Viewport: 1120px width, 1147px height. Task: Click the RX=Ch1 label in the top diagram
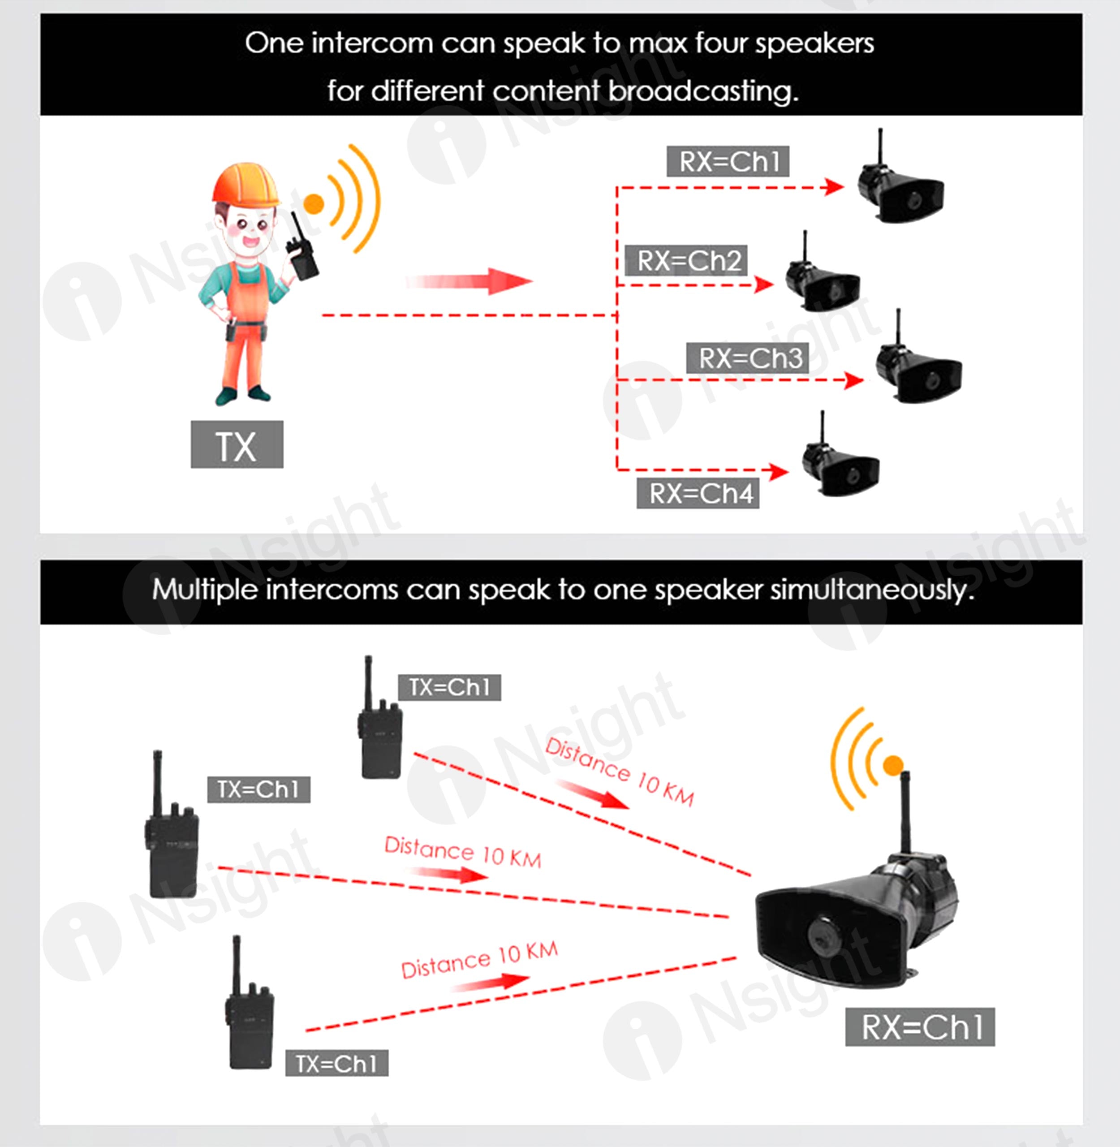pos(728,161)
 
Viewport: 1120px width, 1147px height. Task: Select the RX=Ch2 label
pos(685,260)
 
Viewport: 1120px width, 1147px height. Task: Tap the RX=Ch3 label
pos(747,358)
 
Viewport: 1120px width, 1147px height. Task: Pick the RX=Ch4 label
pos(698,493)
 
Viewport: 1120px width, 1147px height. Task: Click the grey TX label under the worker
pos(237,444)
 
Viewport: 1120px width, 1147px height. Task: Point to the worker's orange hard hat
pos(246,184)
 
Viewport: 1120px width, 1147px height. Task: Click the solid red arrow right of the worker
pos(469,281)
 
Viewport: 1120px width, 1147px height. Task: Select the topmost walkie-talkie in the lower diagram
pos(380,718)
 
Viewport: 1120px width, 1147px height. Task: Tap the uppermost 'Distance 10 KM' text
pos(620,771)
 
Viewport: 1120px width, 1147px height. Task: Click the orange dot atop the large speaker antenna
pos(893,765)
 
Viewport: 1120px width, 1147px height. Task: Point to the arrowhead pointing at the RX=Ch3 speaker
pos(854,380)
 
